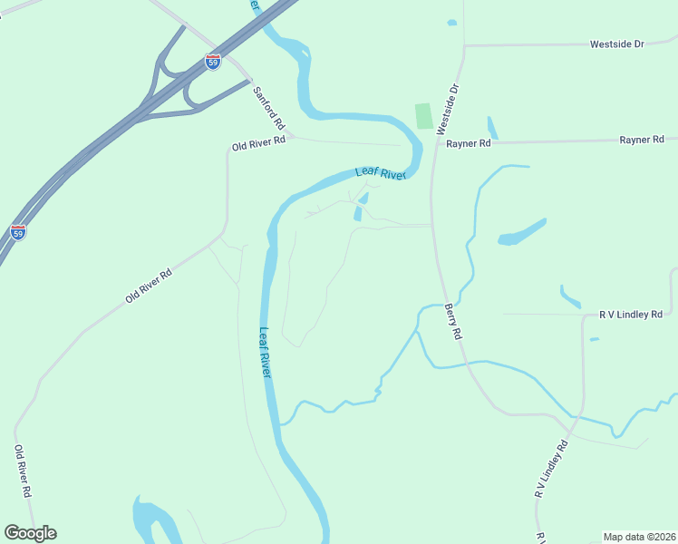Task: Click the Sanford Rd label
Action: coord(269,107)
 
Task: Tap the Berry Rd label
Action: coord(453,322)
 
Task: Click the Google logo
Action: coord(30,533)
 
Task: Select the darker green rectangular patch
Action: coord(423,116)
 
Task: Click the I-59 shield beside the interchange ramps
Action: coord(213,62)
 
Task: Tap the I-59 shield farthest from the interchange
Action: coord(18,232)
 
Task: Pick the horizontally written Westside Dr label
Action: coord(616,44)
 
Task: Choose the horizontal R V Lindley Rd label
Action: coord(631,315)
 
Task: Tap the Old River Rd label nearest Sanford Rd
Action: coord(258,144)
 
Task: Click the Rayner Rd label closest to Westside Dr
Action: coord(468,143)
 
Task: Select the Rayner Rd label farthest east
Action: coord(642,140)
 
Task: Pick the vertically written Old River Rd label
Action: coord(24,471)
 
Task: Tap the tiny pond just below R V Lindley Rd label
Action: coord(594,339)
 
